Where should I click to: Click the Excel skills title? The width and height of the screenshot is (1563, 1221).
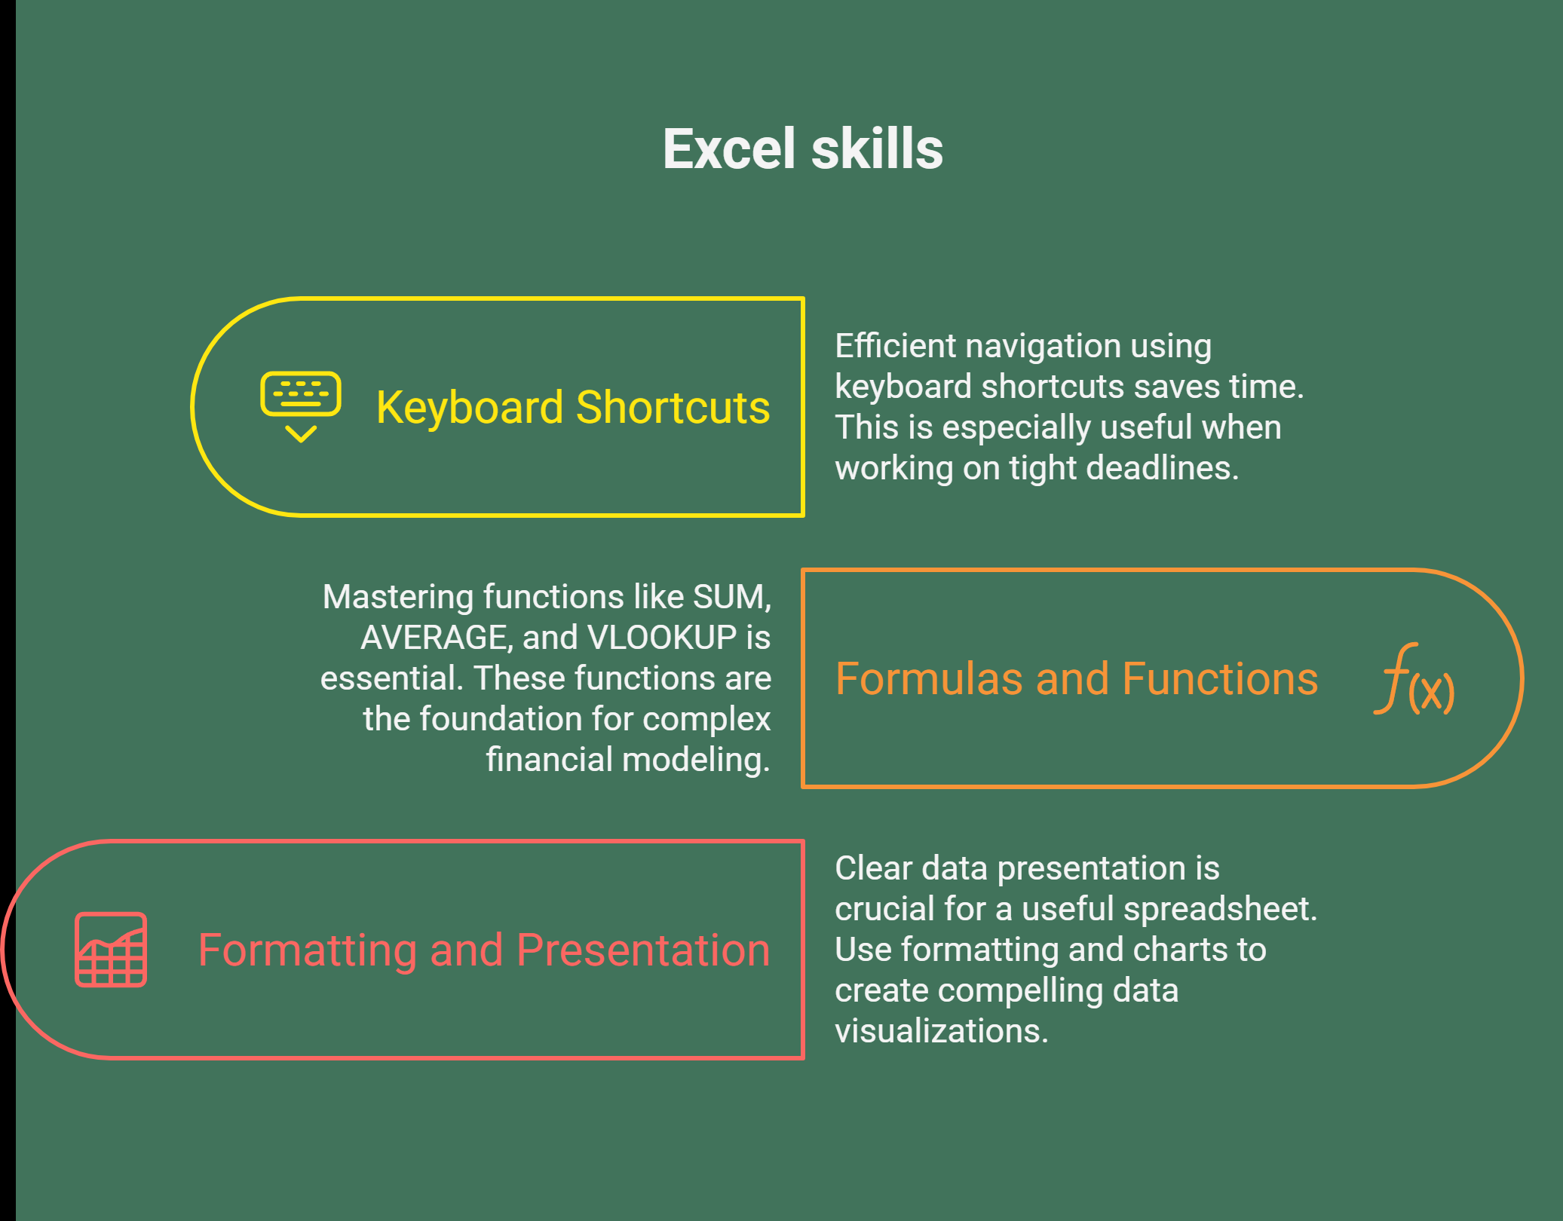point(803,148)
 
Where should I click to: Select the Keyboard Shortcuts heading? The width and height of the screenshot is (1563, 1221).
point(573,407)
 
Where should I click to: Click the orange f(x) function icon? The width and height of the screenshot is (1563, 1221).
point(1414,678)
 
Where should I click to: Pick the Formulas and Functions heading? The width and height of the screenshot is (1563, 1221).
point(1077,678)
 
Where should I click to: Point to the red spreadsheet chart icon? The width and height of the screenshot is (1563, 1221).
point(111,950)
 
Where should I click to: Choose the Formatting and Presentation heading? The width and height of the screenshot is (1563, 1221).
point(484,950)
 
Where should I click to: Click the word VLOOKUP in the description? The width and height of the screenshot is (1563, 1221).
point(662,638)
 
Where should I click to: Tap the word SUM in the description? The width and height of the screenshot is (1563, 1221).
point(728,597)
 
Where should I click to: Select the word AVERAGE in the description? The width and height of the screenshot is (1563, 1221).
point(433,638)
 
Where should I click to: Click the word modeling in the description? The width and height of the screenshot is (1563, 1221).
point(697,760)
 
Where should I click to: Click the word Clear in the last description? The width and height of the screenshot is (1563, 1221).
point(873,868)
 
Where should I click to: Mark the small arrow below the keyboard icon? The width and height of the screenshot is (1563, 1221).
point(301,433)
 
